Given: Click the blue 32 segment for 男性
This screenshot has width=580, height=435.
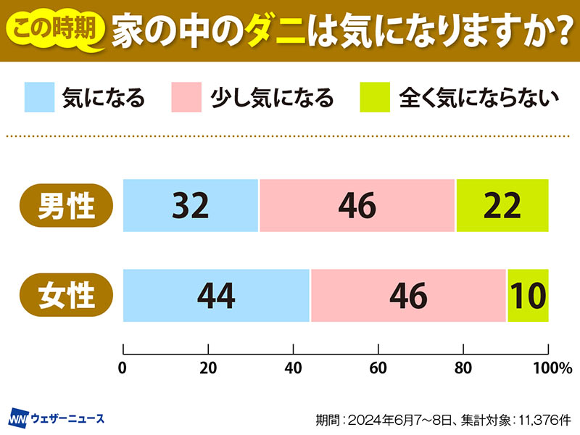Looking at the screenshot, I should click(191, 206).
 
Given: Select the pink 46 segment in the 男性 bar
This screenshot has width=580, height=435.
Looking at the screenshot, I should click(357, 206).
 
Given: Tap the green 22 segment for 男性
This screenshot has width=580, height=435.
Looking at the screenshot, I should click(502, 206).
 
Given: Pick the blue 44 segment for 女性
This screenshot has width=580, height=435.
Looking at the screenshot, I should click(216, 295).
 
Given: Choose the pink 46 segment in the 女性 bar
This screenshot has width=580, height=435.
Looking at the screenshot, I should click(408, 295).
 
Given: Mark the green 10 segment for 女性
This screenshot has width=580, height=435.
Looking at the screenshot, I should click(528, 295).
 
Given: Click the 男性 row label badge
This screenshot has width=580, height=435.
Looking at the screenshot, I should click(67, 206).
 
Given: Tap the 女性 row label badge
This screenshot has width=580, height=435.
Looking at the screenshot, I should click(67, 295).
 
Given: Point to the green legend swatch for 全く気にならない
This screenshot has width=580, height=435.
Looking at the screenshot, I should click(375, 96).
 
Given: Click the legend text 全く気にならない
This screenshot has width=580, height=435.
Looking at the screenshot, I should click(479, 97).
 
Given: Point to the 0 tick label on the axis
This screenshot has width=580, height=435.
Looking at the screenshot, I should click(123, 368).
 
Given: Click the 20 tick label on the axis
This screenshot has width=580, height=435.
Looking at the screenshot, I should click(208, 368).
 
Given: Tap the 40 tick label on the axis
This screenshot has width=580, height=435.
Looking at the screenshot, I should click(293, 368).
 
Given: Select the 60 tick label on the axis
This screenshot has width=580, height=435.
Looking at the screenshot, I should click(378, 368).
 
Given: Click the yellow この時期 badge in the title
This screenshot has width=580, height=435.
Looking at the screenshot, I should click(57, 30).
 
